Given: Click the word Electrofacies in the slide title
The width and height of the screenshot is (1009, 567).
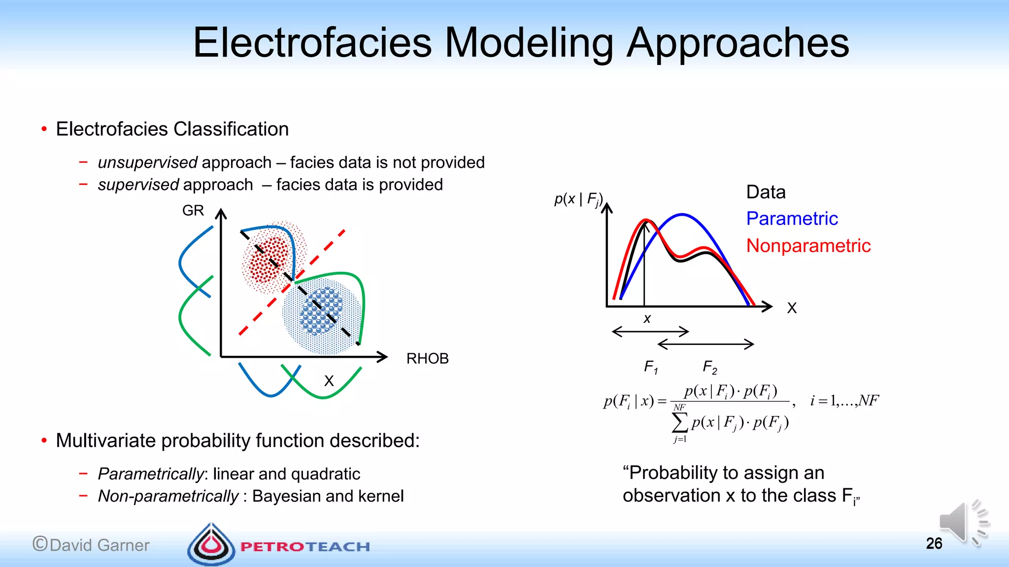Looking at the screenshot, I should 312,43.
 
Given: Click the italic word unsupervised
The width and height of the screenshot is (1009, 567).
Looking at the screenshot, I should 147,162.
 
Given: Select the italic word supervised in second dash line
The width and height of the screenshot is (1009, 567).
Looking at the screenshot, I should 138,185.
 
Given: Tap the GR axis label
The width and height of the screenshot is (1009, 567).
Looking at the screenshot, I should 193,211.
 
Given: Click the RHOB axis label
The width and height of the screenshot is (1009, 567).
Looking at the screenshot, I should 427,358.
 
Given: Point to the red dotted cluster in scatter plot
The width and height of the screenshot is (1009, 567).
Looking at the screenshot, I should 269,259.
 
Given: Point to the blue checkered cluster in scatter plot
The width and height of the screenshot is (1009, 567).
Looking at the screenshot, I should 321,312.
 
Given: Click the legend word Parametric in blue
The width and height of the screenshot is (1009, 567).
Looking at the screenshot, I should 792,219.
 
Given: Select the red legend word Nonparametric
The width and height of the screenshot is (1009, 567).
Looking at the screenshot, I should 808,246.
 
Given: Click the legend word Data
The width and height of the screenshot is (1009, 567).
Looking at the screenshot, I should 766,192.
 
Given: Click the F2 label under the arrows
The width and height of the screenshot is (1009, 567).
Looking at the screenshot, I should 709,367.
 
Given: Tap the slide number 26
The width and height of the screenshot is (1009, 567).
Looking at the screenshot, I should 934,543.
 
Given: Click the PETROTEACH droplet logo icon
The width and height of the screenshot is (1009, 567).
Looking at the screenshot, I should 211,545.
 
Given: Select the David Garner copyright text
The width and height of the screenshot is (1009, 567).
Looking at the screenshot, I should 91,545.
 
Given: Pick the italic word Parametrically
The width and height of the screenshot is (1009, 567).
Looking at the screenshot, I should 150,474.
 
